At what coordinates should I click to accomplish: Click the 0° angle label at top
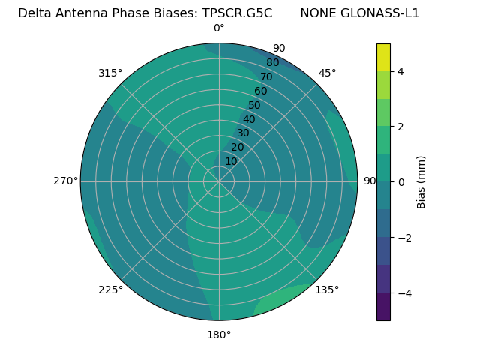coord(219,28)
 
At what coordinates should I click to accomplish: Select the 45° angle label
coord(327,73)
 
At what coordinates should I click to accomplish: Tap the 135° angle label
coord(327,289)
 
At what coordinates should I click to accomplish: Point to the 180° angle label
coord(219,334)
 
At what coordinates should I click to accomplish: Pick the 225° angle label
coord(110,289)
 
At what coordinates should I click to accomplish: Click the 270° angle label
coord(65,181)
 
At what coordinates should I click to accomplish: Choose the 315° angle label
coord(110,73)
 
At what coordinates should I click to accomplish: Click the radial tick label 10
coord(231,161)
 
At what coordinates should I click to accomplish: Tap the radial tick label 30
coord(243,133)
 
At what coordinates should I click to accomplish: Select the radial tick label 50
coord(254,106)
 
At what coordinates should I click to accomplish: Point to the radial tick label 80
coord(272,63)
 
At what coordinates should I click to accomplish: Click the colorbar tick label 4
coord(400,71)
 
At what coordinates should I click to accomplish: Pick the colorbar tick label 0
coord(400,181)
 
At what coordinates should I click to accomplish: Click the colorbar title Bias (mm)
coord(421,181)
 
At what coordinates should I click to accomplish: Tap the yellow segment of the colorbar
coord(383,58)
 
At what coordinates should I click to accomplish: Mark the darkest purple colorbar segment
coord(383,307)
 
